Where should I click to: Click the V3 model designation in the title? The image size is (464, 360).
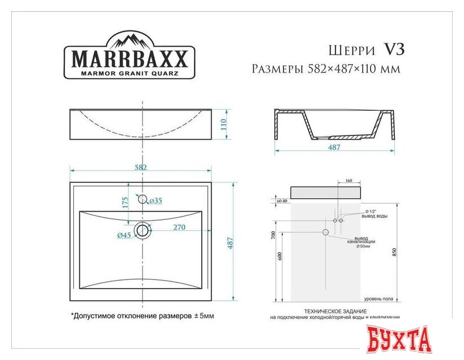(x=394, y=49)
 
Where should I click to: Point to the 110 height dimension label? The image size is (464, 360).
(x=223, y=124)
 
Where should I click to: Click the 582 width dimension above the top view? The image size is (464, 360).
(x=140, y=168)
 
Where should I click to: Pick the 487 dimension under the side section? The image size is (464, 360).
(x=334, y=147)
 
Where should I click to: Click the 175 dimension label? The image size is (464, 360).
(x=125, y=203)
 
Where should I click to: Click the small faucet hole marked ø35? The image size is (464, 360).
(x=141, y=199)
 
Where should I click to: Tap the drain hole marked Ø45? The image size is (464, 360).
(x=143, y=229)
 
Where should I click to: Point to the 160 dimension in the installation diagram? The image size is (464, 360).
(x=348, y=181)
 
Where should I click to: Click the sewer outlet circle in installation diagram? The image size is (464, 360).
(x=325, y=232)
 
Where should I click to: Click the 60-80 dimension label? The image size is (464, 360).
(x=282, y=200)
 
